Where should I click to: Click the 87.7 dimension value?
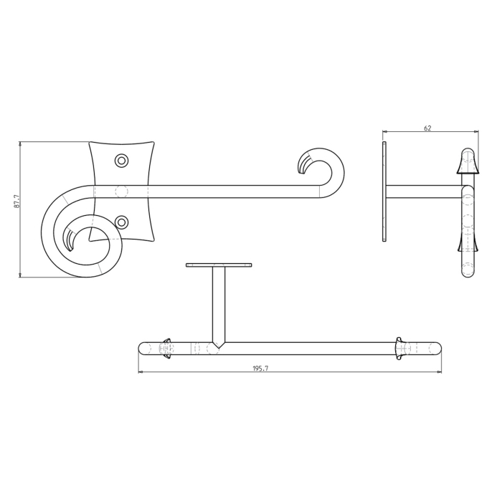(x=16, y=201)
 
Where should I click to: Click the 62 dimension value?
(x=427, y=128)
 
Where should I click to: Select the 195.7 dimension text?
(x=260, y=369)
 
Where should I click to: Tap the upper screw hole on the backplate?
(x=121, y=160)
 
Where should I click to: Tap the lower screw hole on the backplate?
(x=121, y=221)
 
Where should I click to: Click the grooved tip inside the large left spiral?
(x=70, y=240)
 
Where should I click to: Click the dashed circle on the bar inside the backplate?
(x=121, y=191)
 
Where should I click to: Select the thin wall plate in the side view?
(x=384, y=191)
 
